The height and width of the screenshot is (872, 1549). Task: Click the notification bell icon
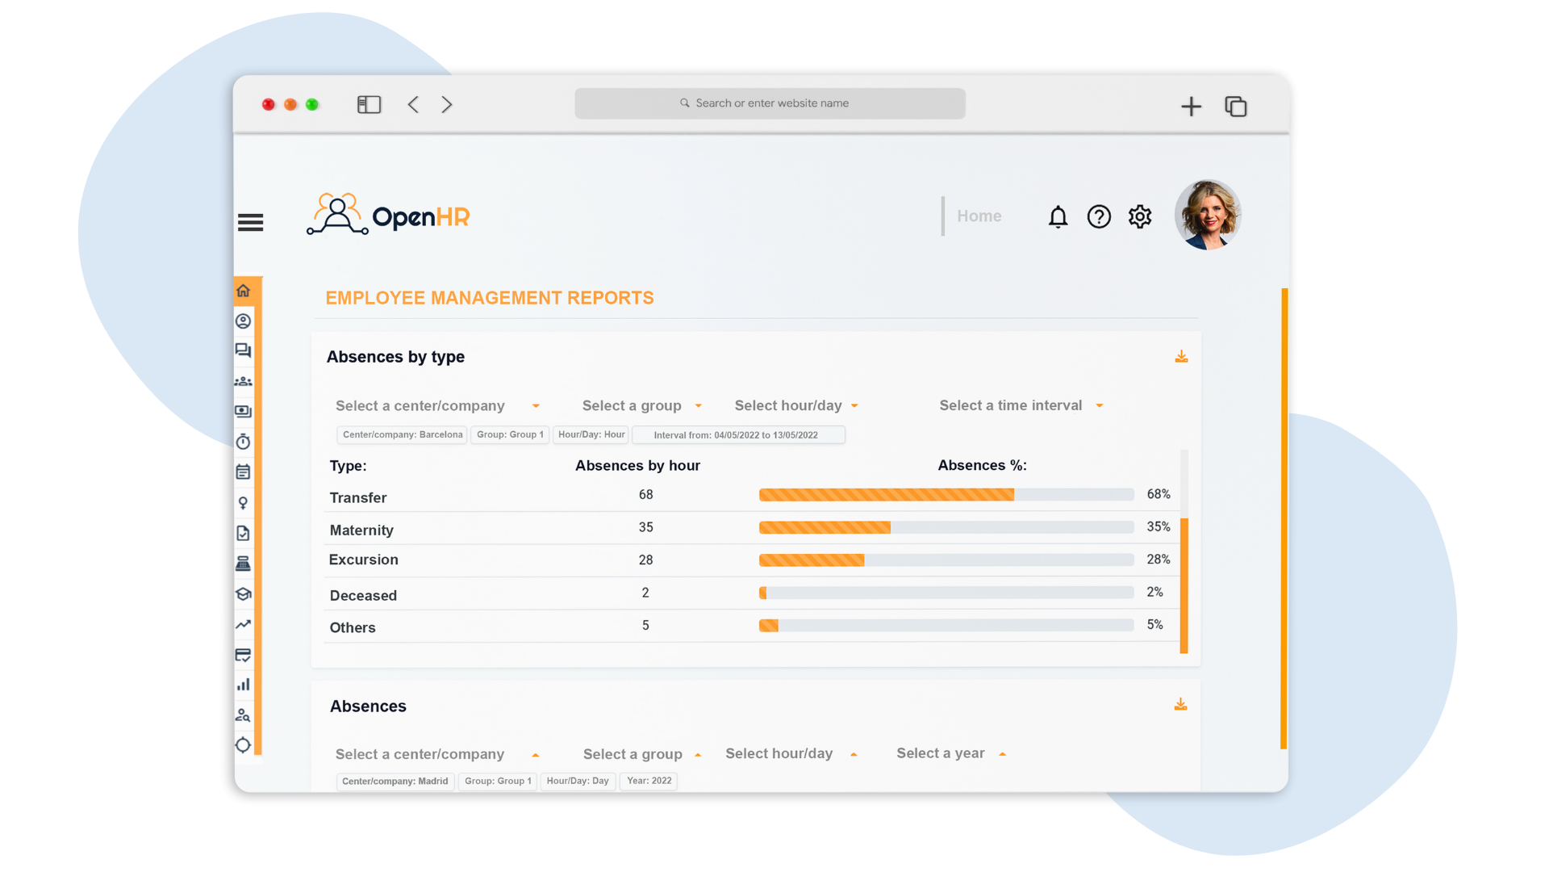pos(1058,216)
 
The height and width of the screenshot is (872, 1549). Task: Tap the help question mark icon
pos(1099,216)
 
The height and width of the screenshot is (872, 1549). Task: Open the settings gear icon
pos(1140,216)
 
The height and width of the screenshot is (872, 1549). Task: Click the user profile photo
pos(1207,215)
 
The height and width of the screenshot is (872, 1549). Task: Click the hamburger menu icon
pos(250,222)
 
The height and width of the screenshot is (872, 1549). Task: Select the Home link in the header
pos(979,216)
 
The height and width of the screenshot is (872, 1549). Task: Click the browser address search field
pos(770,103)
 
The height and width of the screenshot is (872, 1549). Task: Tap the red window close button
pos(269,104)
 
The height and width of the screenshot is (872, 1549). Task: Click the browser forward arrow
pos(447,104)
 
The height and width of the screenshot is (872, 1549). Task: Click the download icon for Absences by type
pos(1181,357)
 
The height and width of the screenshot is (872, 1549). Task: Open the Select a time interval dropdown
pos(1021,405)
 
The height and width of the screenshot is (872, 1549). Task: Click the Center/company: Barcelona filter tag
pos(403,434)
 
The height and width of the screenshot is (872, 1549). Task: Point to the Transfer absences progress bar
pos(946,495)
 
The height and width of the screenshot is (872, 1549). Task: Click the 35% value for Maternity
pos(1159,527)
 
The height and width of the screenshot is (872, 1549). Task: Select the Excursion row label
pos(364,560)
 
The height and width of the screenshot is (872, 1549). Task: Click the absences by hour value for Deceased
pos(645,593)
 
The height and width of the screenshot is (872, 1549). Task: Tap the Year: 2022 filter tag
pos(649,781)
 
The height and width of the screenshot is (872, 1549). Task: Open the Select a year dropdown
pos(950,753)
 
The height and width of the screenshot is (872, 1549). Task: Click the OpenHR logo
pos(388,216)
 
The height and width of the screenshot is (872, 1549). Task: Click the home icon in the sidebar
pos(244,291)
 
